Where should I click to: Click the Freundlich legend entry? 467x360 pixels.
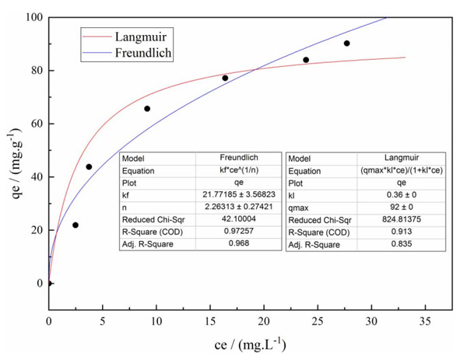coord(143,53)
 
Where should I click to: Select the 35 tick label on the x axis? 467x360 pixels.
coord(426,320)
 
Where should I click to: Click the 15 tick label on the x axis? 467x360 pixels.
coord(210,320)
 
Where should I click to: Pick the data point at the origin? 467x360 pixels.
coord(49,283)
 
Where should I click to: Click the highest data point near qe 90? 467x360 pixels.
coord(347,44)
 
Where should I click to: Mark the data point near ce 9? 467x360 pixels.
coord(147,109)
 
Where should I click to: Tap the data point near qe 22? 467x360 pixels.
coord(75,225)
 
